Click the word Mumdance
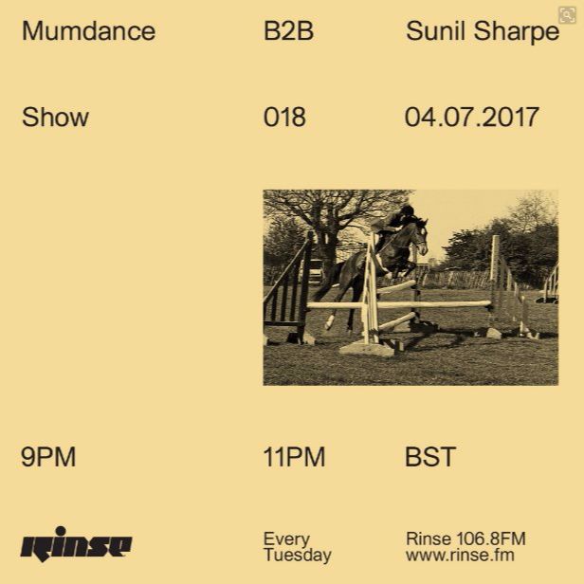click(x=89, y=31)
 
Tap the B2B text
click(x=288, y=31)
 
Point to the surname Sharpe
click(x=517, y=33)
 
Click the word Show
click(x=55, y=117)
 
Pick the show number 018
click(x=284, y=117)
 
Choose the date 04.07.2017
click(x=472, y=117)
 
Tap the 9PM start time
click(x=48, y=457)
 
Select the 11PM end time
click(x=294, y=457)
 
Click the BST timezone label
click(x=430, y=457)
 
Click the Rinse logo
click(x=76, y=544)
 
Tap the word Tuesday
click(x=298, y=556)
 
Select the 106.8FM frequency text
click(x=491, y=538)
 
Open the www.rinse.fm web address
click(x=460, y=555)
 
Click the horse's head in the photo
click(x=420, y=235)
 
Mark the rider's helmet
click(x=407, y=210)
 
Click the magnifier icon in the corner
click(x=567, y=15)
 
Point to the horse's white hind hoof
click(x=329, y=322)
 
